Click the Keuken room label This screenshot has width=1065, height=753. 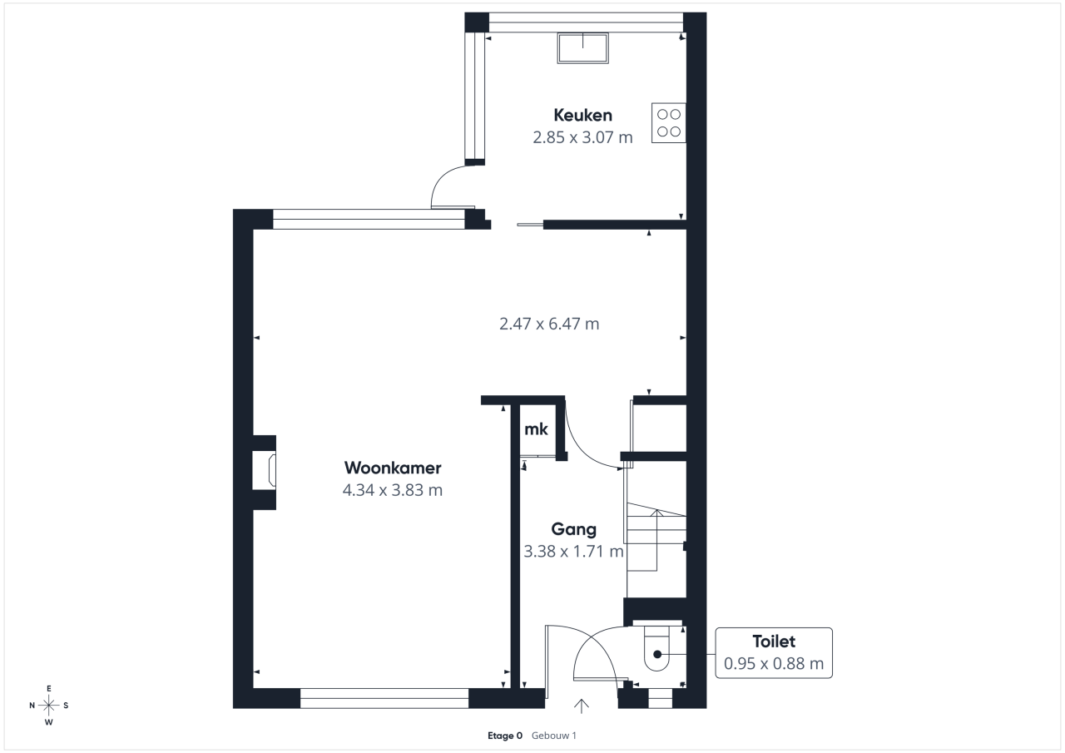(x=582, y=115)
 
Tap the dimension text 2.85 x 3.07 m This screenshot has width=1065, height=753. (x=582, y=137)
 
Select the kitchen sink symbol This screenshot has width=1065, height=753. (x=583, y=48)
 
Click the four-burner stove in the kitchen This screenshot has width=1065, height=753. (x=668, y=122)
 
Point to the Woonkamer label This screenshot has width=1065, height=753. (x=393, y=468)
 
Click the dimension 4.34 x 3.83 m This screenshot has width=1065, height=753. (x=393, y=490)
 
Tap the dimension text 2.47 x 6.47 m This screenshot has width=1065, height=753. (x=549, y=324)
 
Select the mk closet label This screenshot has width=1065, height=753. (x=536, y=429)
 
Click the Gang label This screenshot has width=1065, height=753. (x=573, y=529)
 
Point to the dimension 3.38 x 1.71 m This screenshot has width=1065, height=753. (x=573, y=552)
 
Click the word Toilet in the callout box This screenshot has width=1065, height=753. (x=774, y=642)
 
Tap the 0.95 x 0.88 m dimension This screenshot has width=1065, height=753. (x=774, y=663)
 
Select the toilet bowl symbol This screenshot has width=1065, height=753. (x=656, y=649)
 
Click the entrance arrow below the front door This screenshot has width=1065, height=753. (x=581, y=706)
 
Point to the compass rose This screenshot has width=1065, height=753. (x=48, y=706)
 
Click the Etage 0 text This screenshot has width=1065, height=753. (x=505, y=736)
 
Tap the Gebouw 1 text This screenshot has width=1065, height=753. (x=554, y=736)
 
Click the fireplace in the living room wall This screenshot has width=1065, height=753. (x=264, y=473)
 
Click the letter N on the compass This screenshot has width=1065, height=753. (x=32, y=706)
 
